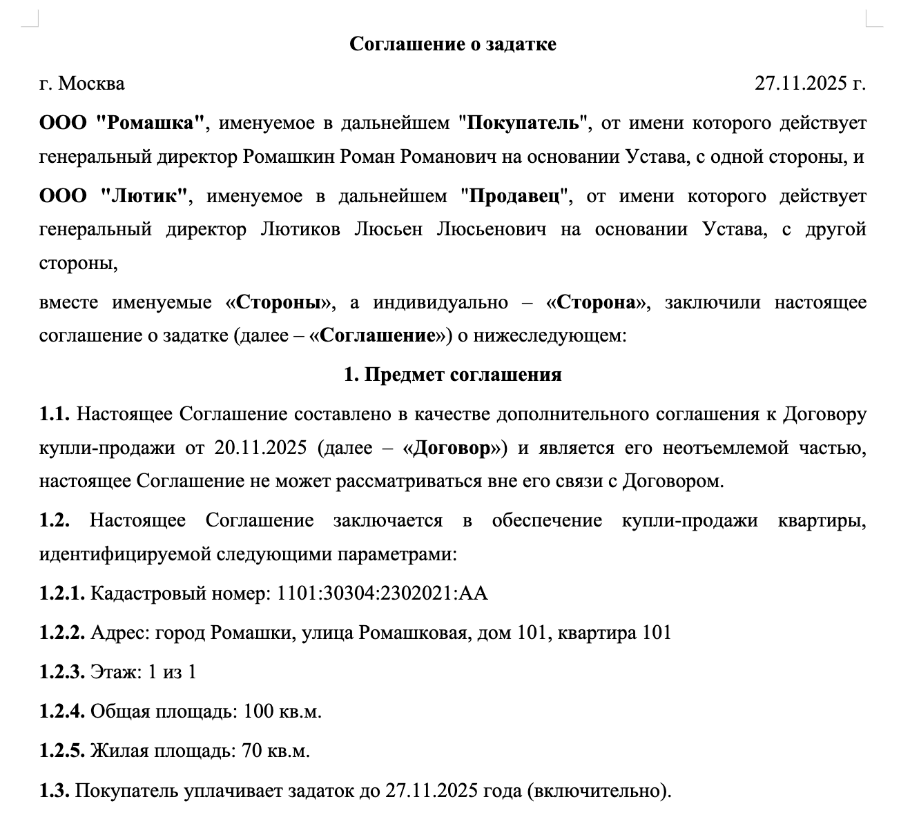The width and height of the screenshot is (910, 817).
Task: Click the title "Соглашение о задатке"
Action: [453, 44]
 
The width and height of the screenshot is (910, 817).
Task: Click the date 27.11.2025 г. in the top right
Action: [810, 83]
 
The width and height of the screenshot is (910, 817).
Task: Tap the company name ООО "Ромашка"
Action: [122, 124]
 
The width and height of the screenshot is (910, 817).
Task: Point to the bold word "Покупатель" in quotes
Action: [522, 124]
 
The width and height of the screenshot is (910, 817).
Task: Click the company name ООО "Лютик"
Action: [114, 196]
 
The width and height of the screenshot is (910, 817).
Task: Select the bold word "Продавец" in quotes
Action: [514, 196]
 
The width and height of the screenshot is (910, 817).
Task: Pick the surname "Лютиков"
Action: [300, 229]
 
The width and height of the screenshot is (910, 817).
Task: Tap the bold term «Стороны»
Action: [280, 303]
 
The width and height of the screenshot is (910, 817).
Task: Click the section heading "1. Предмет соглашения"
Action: [453, 375]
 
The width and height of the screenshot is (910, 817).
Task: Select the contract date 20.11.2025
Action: [260, 448]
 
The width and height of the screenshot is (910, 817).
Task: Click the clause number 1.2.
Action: [55, 520]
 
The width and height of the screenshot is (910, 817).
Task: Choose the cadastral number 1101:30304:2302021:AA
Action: [382, 593]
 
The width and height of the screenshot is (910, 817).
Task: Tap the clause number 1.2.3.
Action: [62, 671]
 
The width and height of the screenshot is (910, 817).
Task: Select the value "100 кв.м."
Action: [282, 711]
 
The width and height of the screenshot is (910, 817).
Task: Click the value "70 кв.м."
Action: [275, 751]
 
